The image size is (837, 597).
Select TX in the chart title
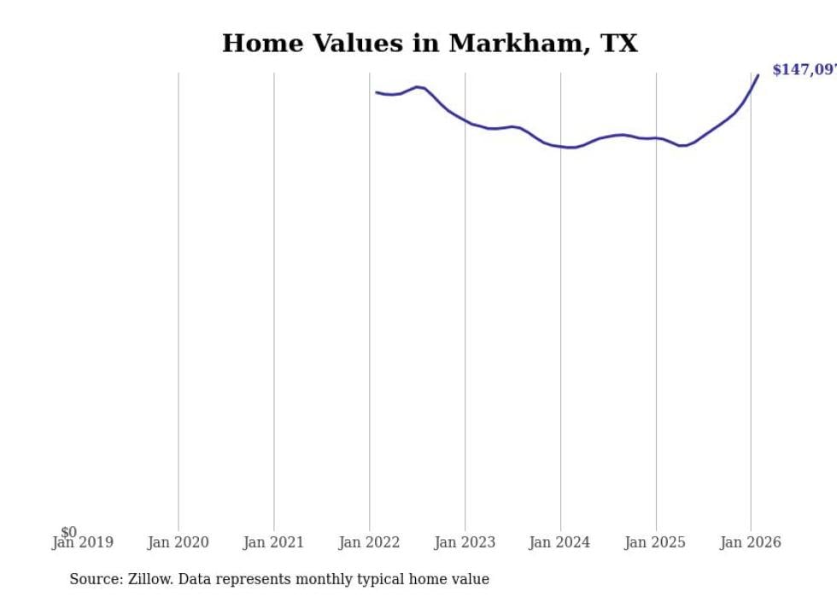tap(618, 44)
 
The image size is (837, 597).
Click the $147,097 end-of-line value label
tap(804, 70)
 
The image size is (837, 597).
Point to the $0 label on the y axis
tap(68, 532)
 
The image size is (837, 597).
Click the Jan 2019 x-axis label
tap(82, 542)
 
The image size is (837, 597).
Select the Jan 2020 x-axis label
tap(178, 542)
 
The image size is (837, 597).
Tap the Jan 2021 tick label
tap(273, 542)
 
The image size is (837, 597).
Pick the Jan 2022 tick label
tap(369, 542)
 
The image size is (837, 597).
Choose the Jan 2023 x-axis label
tap(465, 542)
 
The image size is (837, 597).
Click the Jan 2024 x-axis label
tap(559, 542)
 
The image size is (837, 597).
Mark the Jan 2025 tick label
tap(655, 542)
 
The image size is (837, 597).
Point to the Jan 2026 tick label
tap(750, 542)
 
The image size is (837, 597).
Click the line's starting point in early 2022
tap(377, 92)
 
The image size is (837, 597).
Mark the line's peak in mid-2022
tap(417, 86)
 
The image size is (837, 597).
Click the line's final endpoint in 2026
tap(758, 75)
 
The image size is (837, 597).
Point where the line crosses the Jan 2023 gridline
tap(465, 121)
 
